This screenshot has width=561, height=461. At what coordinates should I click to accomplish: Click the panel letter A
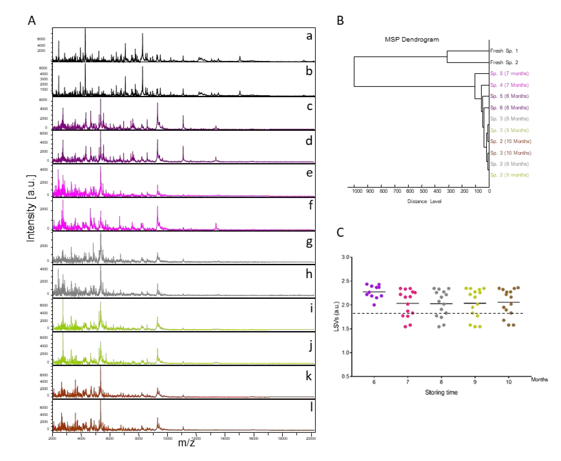pyautogui.click(x=32, y=21)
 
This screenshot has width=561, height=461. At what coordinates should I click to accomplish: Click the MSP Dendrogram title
pyautogui.click(x=412, y=40)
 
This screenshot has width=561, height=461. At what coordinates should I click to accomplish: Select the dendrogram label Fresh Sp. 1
pyautogui.click(x=504, y=51)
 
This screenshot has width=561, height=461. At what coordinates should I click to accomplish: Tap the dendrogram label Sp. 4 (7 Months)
pyautogui.click(x=509, y=85)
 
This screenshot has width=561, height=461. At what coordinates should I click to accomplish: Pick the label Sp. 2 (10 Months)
pyautogui.click(x=510, y=141)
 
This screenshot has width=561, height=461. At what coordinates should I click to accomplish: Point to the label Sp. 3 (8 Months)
pyautogui.click(x=509, y=119)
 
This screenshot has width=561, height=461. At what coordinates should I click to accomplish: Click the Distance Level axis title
pyautogui.click(x=424, y=201)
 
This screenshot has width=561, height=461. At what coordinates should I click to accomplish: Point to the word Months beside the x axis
pyautogui.click(x=539, y=379)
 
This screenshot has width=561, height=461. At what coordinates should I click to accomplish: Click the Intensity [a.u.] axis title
pyautogui.click(x=31, y=209)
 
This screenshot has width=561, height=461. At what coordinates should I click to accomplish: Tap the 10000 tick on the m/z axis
pyautogui.click(x=167, y=438)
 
